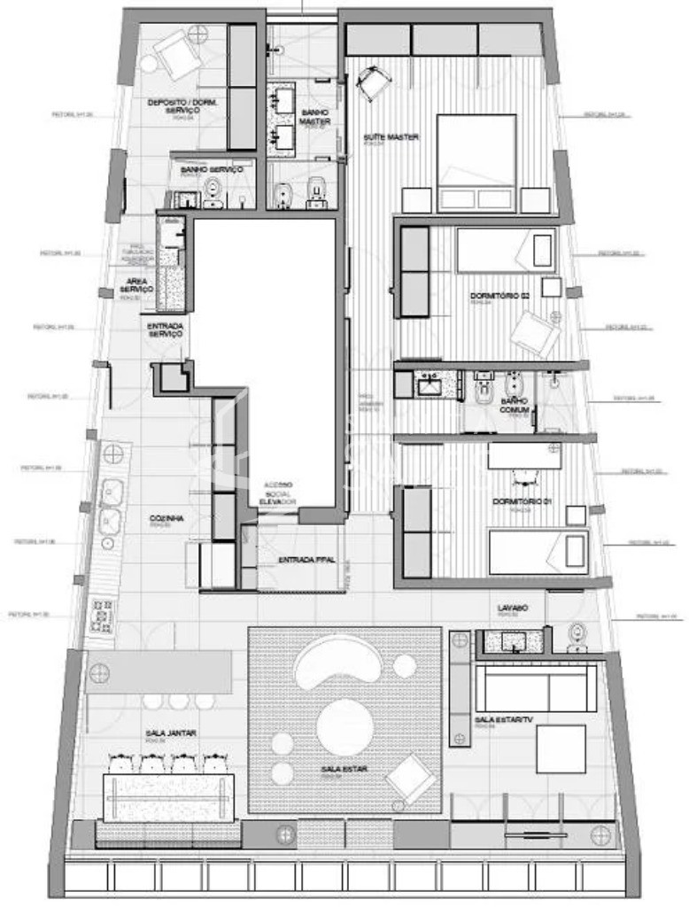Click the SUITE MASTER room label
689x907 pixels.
(x=391, y=137)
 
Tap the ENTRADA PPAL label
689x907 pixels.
(x=306, y=560)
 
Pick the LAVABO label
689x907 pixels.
(x=512, y=609)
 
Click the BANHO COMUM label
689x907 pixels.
(x=515, y=406)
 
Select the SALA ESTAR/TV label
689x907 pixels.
(x=504, y=720)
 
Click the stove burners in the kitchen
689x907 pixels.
(x=102, y=613)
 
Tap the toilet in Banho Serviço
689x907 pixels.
(x=213, y=191)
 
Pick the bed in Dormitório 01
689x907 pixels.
(x=537, y=551)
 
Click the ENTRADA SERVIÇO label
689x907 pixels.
(x=165, y=330)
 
